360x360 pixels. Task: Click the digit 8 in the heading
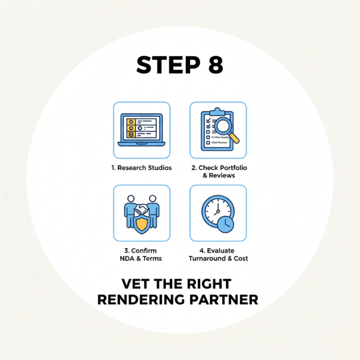click(214, 65)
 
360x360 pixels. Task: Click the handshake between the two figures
click(142, 209)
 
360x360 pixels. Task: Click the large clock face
click(215, 210)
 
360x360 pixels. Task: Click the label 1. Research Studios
click(142, 168)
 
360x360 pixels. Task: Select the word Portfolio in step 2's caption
click(231, 168)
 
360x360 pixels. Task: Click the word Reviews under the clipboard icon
click(222, 175)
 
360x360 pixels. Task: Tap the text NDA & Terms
click(142, 258)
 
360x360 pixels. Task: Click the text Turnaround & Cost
click(218, 258)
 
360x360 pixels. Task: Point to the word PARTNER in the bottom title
click(223, 299)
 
